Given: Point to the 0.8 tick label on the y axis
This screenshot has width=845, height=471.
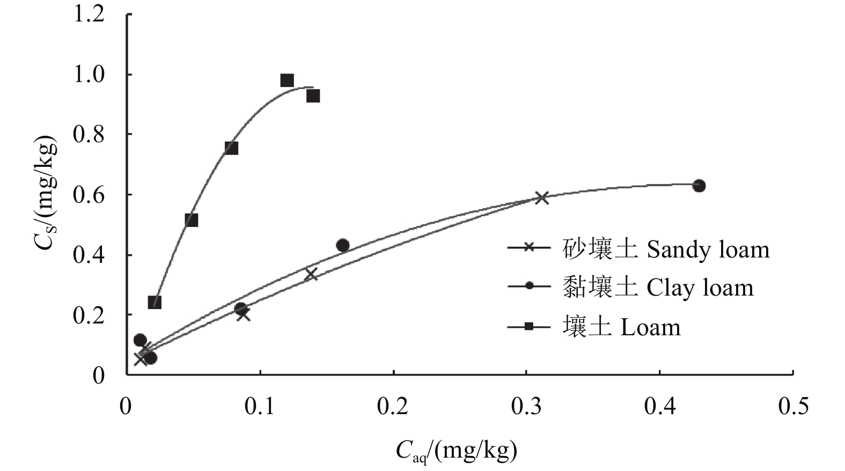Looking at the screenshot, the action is coord(89,135).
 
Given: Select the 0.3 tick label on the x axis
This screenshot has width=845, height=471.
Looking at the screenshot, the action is coord(526,407).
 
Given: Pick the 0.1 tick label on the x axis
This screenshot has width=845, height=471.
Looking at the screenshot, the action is coord(260,407).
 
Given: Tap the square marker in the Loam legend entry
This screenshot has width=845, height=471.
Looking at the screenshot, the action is coord(529,327).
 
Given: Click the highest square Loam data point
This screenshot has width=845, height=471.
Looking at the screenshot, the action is coord(287,80).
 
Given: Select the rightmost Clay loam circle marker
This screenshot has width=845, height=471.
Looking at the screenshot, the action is coord(699,186).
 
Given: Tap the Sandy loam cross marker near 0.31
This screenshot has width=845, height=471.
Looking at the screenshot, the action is coord(542,197).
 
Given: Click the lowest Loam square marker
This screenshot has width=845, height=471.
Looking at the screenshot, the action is coord(155,302).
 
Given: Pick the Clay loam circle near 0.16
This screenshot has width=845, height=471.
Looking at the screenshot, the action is coord(342,246).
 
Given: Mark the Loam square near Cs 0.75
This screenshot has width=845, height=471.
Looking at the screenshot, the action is coord(231,148).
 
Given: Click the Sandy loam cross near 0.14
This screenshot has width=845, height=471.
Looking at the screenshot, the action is coord(311,275).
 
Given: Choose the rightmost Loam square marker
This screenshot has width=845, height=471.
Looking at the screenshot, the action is coord(313,96).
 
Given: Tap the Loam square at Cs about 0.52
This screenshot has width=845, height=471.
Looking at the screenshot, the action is coord(191,220).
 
